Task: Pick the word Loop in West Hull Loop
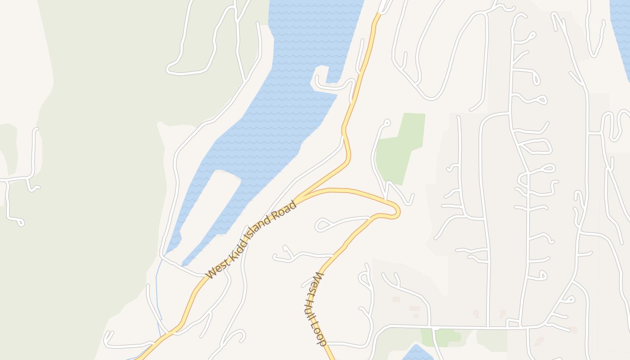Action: [320, 333]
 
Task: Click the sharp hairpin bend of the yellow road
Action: [396, 211]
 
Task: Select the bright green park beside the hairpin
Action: [398, 148]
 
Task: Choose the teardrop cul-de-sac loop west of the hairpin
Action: [323, 224]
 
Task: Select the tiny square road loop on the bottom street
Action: [513, 322]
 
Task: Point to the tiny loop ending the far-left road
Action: [20, 222]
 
